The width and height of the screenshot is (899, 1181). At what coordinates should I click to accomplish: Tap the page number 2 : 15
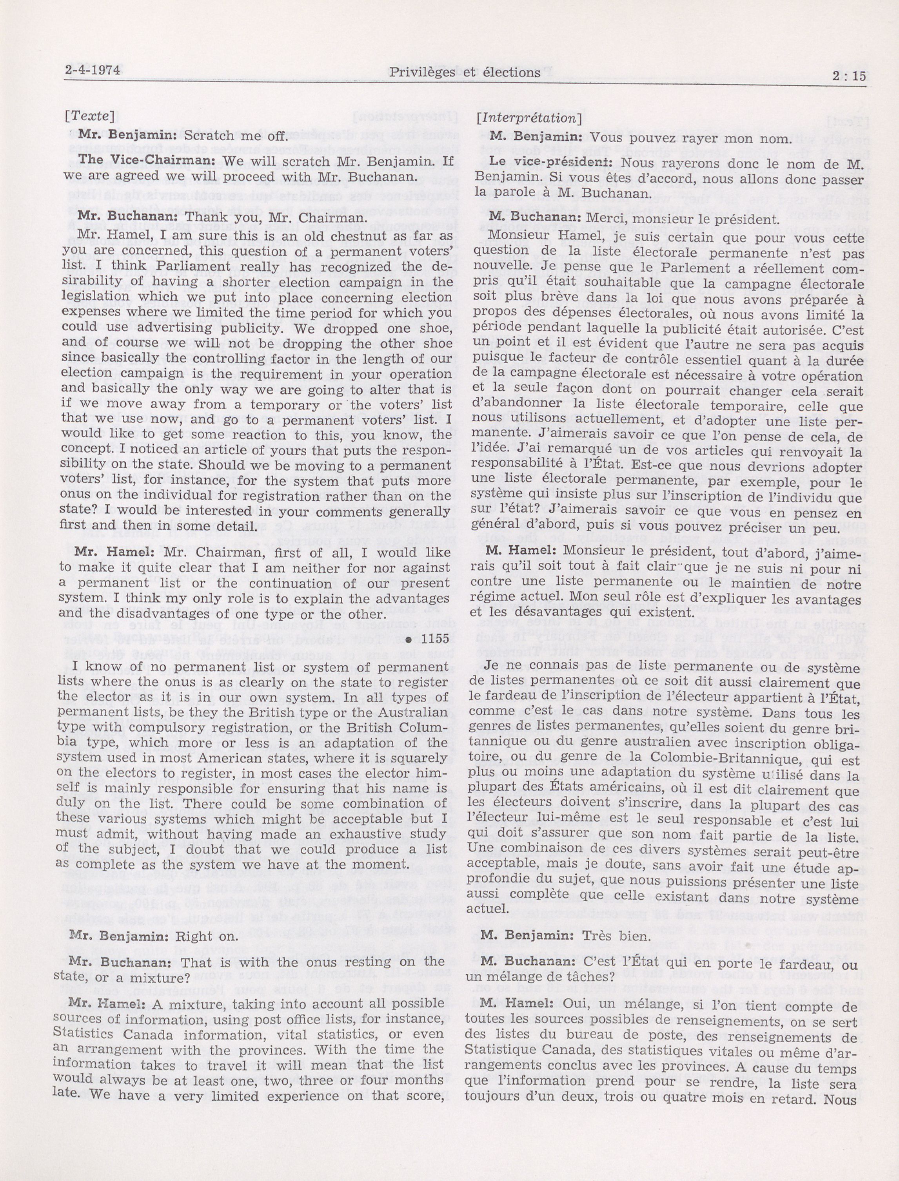[849, 76]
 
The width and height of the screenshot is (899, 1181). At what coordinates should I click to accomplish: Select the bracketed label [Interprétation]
[529, 118]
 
